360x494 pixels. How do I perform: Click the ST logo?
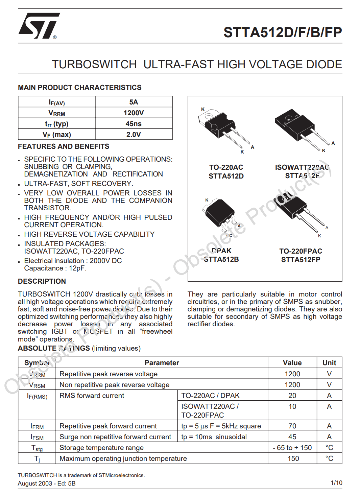[39, 26]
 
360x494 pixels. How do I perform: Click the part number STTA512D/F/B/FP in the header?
[283, 32]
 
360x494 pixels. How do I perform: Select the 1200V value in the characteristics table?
[134, 113]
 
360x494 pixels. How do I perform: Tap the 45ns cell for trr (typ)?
[134, 124]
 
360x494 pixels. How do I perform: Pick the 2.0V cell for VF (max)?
[134, 135]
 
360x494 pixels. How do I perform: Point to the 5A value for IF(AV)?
[134, 102]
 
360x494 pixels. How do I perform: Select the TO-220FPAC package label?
[301, 251]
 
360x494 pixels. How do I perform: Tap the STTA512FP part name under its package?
[301, 260]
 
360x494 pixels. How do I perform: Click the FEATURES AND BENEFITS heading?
[64, 146]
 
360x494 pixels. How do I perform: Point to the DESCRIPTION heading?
[42, 281]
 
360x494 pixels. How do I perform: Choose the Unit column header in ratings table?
[329, 363]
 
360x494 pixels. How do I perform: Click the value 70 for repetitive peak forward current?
[292, 426]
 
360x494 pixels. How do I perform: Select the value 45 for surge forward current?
[292, 437]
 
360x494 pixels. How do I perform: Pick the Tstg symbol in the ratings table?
[37, 448]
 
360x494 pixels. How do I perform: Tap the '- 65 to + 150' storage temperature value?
[292, 448]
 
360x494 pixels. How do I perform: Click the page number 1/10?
[336, 483]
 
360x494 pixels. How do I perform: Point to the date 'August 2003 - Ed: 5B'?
[47, 484]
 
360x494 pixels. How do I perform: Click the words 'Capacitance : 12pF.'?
[55, 268]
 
